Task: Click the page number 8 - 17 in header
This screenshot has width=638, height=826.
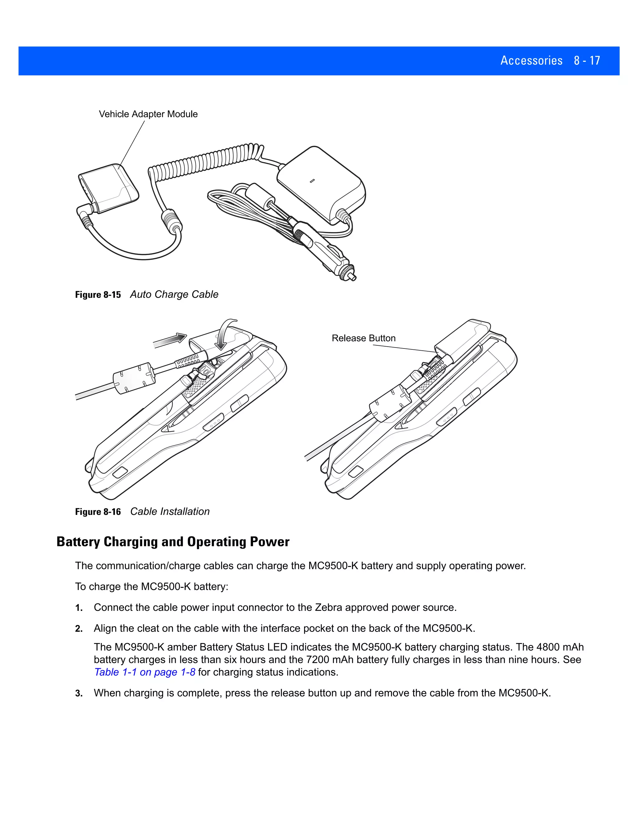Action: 587,60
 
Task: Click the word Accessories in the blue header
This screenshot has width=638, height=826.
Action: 531,60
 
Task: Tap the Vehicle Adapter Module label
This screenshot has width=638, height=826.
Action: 148,114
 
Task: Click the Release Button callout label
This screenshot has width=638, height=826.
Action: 363,338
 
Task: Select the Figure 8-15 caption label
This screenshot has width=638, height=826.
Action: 98,295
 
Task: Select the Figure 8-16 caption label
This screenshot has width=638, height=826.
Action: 98,512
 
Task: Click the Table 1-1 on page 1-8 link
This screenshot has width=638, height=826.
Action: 145,672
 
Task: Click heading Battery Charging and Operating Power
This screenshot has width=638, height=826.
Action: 173,542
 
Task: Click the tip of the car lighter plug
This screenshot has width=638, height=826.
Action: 353,278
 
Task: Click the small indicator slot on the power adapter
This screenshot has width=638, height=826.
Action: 312,181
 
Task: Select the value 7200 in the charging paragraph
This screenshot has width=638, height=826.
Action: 317,660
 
